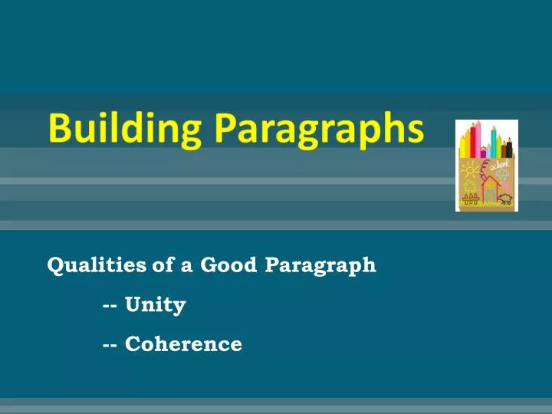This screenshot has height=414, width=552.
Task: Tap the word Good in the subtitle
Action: pyautogui.click(x=229, y=265)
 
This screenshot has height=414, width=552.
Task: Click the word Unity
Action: pyautogui.click(x=156, y=305)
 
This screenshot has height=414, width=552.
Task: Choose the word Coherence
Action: pyautogui.click(x=183, y=345)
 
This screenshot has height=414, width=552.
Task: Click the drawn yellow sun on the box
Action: pyautogui.click(x=470, y=170)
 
